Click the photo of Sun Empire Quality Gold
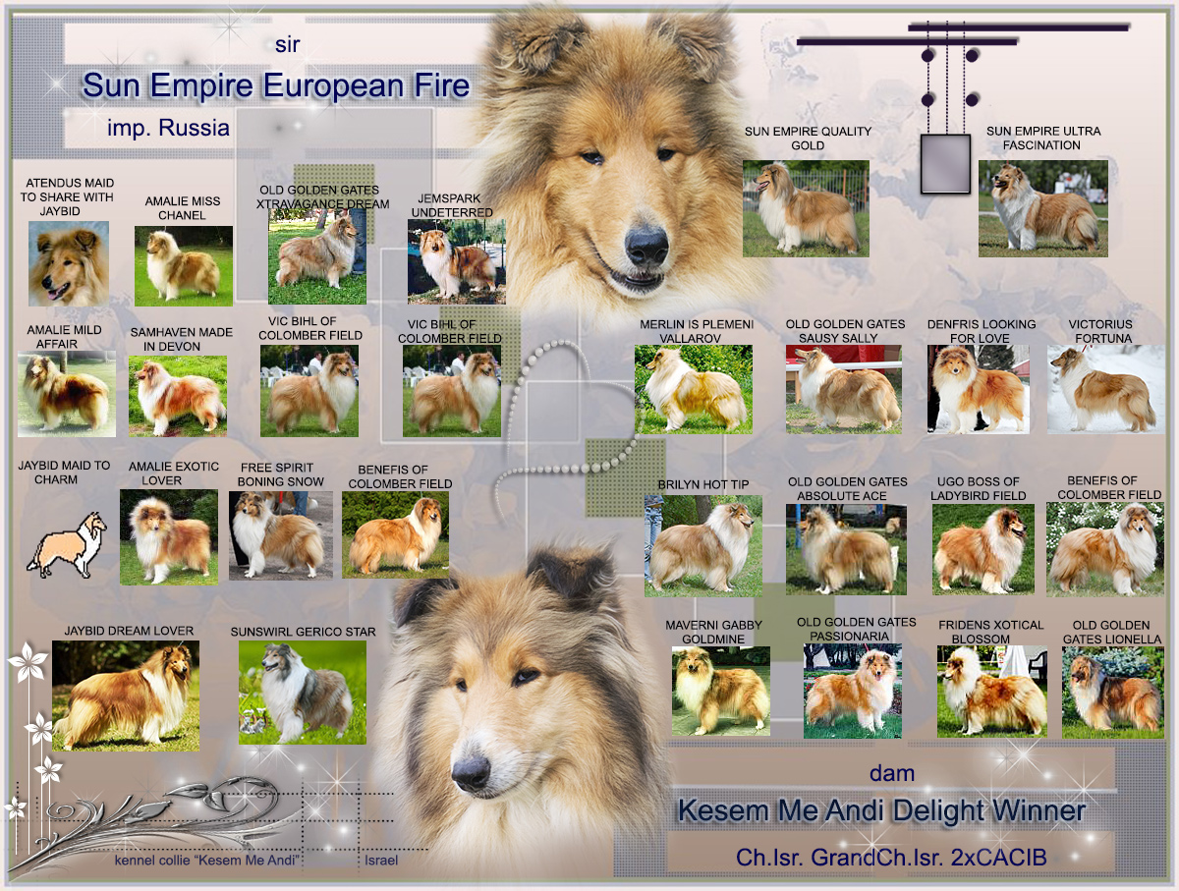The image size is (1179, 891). [x=806, y=208]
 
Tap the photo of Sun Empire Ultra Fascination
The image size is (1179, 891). [x=1043, y=208]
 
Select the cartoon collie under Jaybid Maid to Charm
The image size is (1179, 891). [x=67, y=544]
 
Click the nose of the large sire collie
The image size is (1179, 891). [x=647, y=246]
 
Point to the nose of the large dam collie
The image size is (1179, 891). [x=471, y=771]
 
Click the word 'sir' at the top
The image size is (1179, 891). [x=287, y=45]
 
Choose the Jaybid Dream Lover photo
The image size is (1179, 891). [x=126, y=696]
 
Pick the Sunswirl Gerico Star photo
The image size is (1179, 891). [x=303, y=693]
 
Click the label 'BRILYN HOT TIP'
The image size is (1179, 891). [x=703, y=484]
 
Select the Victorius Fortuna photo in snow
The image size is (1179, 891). [x=1106, y=389]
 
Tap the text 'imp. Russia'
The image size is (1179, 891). [x=168, y=128]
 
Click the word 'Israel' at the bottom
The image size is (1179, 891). [x=381, y=860]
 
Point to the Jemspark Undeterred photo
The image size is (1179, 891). [x=457, y=261]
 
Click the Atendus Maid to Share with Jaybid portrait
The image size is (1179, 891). [x=69, y=263]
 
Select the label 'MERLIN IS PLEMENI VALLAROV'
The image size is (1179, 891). [x=696, y=331]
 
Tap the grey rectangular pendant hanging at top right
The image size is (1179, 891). [x=945, y=164]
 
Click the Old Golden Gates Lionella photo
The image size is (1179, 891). [x=1113, y=693]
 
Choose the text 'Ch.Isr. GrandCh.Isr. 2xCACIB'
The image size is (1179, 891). [x=891, y=858]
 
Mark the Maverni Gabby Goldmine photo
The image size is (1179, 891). [x=721, y=691]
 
